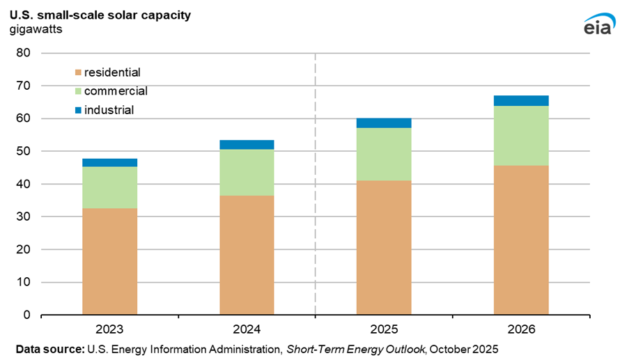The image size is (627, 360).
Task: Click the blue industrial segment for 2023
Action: pos(109,162)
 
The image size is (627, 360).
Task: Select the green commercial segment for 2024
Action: pos(247,173)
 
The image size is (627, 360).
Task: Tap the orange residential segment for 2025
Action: pos(384,247)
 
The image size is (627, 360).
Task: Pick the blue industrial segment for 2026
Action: pos(521,100)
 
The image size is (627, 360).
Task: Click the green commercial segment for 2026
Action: pos(521,135)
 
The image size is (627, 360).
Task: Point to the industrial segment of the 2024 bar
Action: pos(247,144)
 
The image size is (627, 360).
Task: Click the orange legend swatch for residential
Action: pos(77,72)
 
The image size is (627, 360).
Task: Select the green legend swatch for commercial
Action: pos(77,91)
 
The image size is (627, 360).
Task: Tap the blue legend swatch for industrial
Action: pos(77,110)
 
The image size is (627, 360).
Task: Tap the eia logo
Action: pos(597,24)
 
